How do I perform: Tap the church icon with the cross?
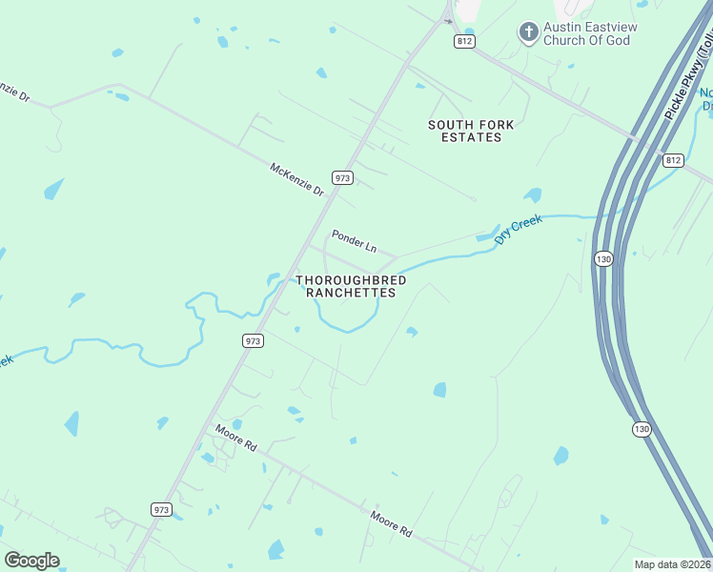point(528,33)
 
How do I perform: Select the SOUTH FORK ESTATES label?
point(464,131)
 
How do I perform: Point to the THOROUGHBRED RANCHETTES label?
point(351,286)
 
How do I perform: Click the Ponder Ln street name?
point(354,241)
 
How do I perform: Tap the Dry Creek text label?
point(519,230)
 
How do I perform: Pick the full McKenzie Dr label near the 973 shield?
point(297,178)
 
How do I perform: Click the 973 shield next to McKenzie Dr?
point(343,178)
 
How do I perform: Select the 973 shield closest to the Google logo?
point(161,510)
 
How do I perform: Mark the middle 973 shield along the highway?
point(253,340)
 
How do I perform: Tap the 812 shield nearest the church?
point(464,41)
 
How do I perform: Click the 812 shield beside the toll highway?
point(673,159)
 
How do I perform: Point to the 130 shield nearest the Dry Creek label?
point(602,258)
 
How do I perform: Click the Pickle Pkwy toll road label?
point(687,80)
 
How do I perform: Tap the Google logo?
point(31,561)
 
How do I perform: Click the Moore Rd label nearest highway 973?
point(236,438)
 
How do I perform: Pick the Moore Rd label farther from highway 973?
point(392,522)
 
